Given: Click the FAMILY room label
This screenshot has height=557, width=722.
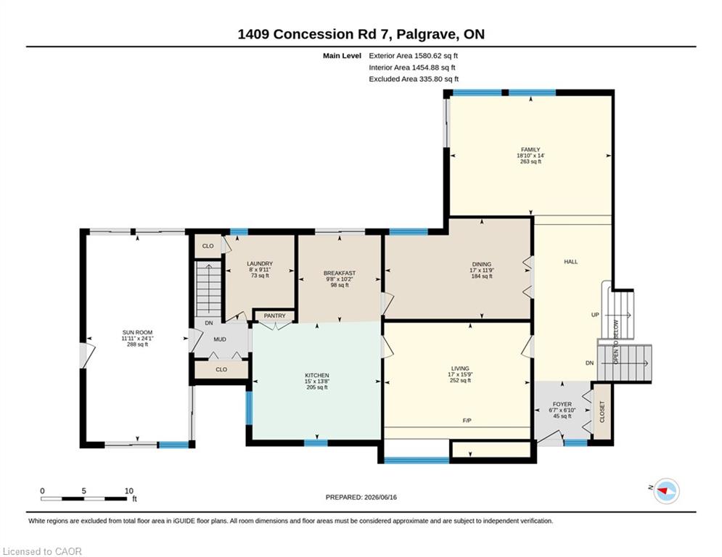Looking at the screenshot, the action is pyautogui.click(x=530, y=149).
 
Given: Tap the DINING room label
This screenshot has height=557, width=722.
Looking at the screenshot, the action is pyautogui.click(x=482, y=264).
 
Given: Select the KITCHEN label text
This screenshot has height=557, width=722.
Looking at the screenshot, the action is pyautogui.click(x=317, y=375).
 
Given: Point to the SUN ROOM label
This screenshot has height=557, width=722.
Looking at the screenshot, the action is pyautogui.click(x=137, y=332).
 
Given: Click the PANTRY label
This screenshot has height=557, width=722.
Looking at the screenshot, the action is pyautogui.click(x=275, y=315).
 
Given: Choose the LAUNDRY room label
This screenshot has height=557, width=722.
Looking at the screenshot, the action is pyautogui.click(x=260, y=264).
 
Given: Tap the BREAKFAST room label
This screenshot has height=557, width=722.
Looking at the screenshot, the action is pyautogui.click(x=340, y=273).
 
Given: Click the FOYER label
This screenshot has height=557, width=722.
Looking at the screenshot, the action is pyautogui.click(x=562, y=404).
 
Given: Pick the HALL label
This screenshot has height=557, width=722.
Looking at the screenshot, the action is pyautogui.click(x=571, y=262).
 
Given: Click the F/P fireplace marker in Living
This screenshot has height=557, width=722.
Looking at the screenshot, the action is pyautogui.click(x=467, y=421).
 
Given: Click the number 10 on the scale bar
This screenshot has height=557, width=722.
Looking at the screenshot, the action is pyautogui.click(x=129, y=491).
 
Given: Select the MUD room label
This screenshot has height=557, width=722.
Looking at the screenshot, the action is pyautogui.click(x=220, y=339).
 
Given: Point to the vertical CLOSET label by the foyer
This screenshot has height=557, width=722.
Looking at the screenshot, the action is pyautogui.click(x=602, y=412).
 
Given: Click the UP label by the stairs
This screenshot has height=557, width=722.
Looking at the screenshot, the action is pyautogui.click(x=595, y=315).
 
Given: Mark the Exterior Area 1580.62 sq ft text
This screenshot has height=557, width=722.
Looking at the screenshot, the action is pyautogui.click(x=413, y=56).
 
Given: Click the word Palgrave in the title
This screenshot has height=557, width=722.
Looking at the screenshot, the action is pyautogui.click(x=427, y=35).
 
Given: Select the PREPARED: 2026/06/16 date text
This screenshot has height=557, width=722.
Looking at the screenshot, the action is pyautogui.click(x=361, y=497).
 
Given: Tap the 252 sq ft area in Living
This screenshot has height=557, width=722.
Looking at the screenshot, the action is pyautogui.click(x=460, y=381).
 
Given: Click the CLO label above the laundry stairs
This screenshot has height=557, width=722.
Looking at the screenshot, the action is pyautogui.click(x=208, y=246).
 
